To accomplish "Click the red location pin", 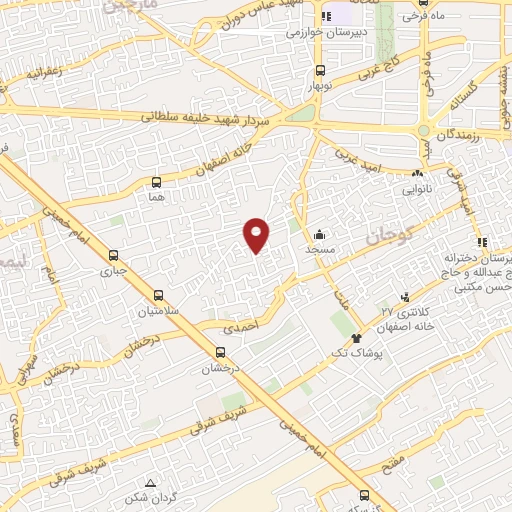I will click(257, 234).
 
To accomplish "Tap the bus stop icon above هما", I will click(155, 182).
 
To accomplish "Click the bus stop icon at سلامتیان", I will click(159, 295).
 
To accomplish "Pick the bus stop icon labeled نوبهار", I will click(320, 70).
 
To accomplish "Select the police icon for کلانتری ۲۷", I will click(405, 296).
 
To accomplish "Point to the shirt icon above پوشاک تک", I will click(356, 340).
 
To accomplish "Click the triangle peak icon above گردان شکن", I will click(150, 483).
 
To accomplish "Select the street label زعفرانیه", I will click(45, 72).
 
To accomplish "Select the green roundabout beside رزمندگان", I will click(424, 130).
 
